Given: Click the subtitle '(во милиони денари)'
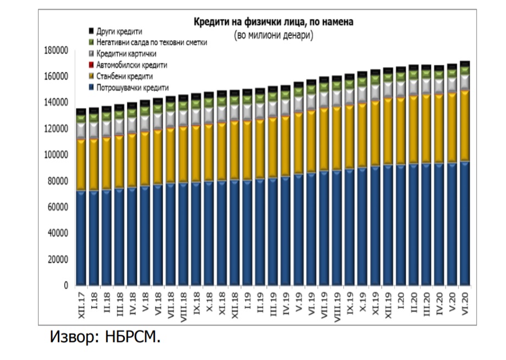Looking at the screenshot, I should (x=273, y=35).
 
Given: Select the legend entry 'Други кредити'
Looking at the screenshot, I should (x=119, y=31).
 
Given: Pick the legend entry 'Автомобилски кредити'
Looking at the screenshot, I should (x=131, y=65).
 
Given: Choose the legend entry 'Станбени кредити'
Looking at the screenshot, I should (x=124, y=76).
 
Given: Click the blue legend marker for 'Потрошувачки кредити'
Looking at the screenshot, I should (x=91, y=87).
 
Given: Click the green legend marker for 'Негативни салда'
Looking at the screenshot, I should (x=91, y=43).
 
